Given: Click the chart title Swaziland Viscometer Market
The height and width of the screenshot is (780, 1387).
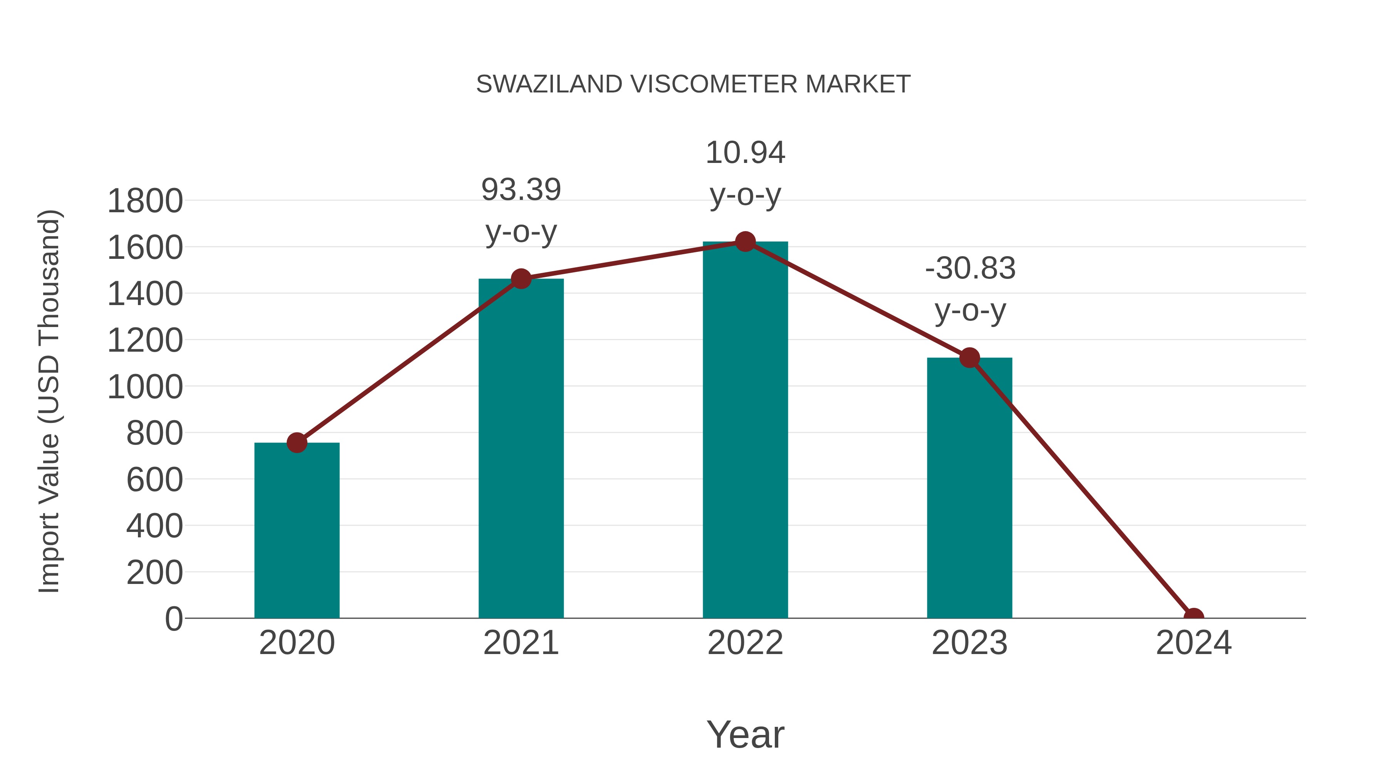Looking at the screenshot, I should (693, 84).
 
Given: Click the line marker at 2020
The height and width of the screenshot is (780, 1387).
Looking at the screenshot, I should (297, 443).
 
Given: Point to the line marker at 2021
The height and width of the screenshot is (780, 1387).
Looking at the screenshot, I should (521, 279).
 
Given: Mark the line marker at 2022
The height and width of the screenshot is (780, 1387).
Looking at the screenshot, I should (745, 242).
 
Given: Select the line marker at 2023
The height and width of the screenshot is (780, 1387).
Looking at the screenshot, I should (969, 357).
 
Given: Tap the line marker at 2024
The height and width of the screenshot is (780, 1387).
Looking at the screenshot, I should (1193, 617).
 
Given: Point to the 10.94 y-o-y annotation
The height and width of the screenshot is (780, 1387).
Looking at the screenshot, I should (745, 173).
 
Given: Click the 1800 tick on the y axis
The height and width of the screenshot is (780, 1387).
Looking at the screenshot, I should (145, 201).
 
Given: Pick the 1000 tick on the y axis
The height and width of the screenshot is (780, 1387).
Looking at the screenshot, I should (145, 387).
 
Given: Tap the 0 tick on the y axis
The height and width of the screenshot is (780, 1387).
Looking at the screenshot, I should (173, 619).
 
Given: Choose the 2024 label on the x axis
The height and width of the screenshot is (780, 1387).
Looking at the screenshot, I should (1193, 643).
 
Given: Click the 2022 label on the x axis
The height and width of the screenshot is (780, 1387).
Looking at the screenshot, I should (745, 643).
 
